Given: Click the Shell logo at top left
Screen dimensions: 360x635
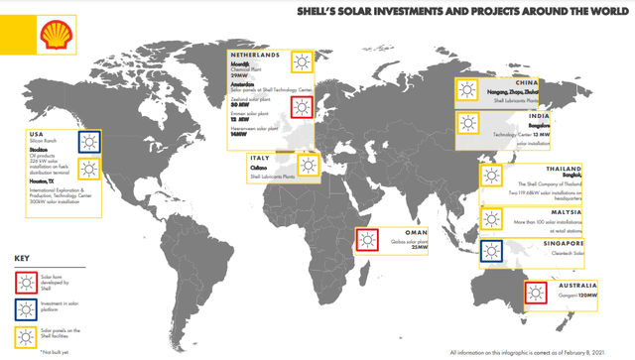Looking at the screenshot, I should click(53, 40).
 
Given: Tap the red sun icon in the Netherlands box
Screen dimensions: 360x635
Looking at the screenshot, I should click(300, 106).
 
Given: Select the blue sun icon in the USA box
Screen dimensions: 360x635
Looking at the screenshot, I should click(89, 141).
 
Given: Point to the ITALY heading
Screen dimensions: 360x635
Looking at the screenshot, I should click(260, 157).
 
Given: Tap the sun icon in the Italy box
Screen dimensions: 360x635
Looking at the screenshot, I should click(308, 165).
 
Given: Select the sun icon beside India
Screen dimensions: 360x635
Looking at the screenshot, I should click(468, 124).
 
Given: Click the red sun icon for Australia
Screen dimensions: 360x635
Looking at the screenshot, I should click(537, 293).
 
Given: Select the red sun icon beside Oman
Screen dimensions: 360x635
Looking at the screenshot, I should click(368, 240).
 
